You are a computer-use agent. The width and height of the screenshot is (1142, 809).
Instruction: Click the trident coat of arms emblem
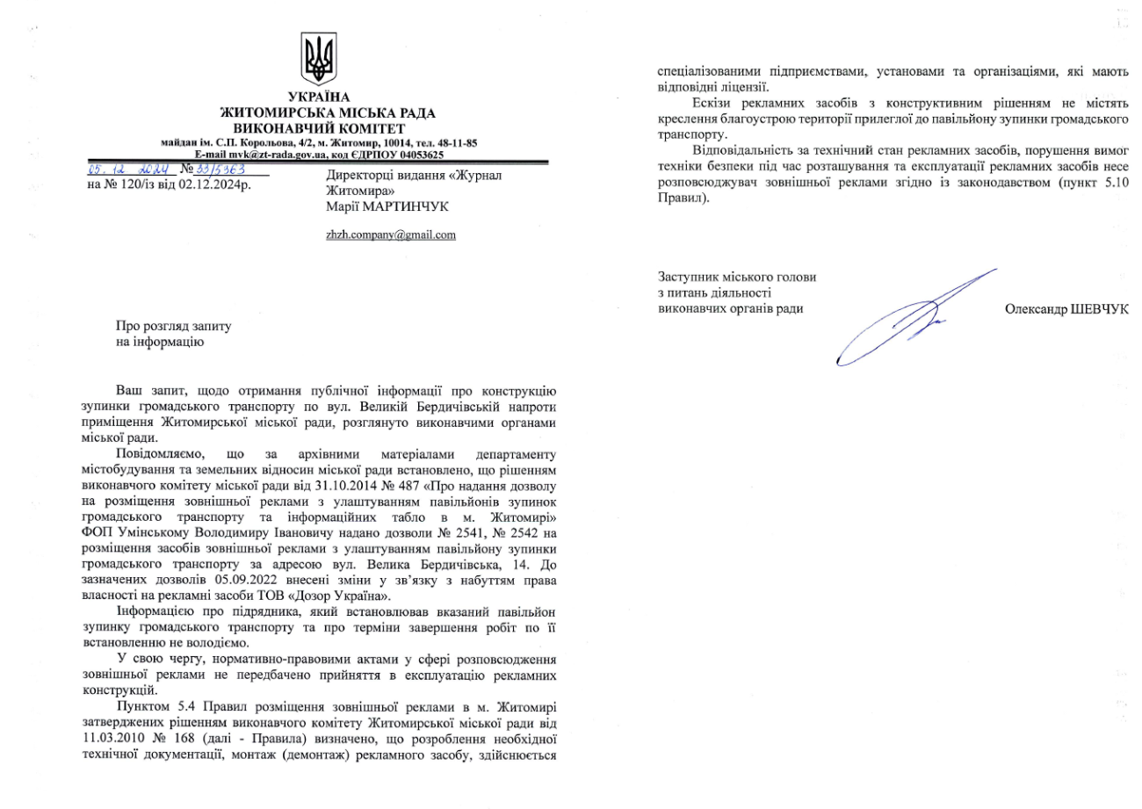(318, 60)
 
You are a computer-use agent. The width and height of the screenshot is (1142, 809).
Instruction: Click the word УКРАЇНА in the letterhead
(318, 98)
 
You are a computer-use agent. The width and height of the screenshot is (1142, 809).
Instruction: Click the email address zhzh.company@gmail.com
(391, 235)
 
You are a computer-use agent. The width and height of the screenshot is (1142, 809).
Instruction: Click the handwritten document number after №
(213, 169)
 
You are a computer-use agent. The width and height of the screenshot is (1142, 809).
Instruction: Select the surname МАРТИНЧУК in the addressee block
(411, 206)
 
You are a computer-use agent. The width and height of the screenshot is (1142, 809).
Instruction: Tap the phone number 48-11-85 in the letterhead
(455, 142)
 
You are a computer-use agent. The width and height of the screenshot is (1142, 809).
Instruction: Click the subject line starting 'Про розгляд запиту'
(174, 326)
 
